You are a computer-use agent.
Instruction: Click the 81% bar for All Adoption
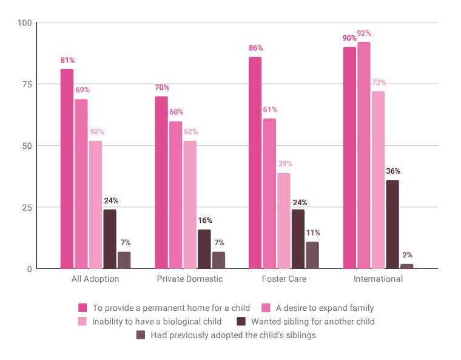coord(67,169)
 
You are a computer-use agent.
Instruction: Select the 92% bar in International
coord(363,155)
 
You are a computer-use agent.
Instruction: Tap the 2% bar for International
coord(407,266)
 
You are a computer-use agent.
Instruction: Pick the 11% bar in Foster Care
coord(312,255)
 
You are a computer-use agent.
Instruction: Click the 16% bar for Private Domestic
coord(204,249)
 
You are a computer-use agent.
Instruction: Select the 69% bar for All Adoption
coord(81,183)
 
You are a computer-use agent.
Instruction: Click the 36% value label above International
coord(392,171)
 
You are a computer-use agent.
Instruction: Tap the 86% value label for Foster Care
coord(255,48)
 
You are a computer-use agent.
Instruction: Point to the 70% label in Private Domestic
coord(161,87)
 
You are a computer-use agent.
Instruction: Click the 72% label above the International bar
coord(378,83)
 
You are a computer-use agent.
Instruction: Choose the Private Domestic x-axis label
coord(190,279)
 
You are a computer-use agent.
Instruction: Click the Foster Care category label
coord(284,279)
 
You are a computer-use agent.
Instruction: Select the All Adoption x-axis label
coord(96,279)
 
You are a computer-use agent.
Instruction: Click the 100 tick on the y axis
coord(24,23)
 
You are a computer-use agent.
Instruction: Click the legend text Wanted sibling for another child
coord(313,321)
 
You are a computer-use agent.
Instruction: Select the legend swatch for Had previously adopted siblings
coord(141,335)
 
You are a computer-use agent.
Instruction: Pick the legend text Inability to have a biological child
coord(157,321)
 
